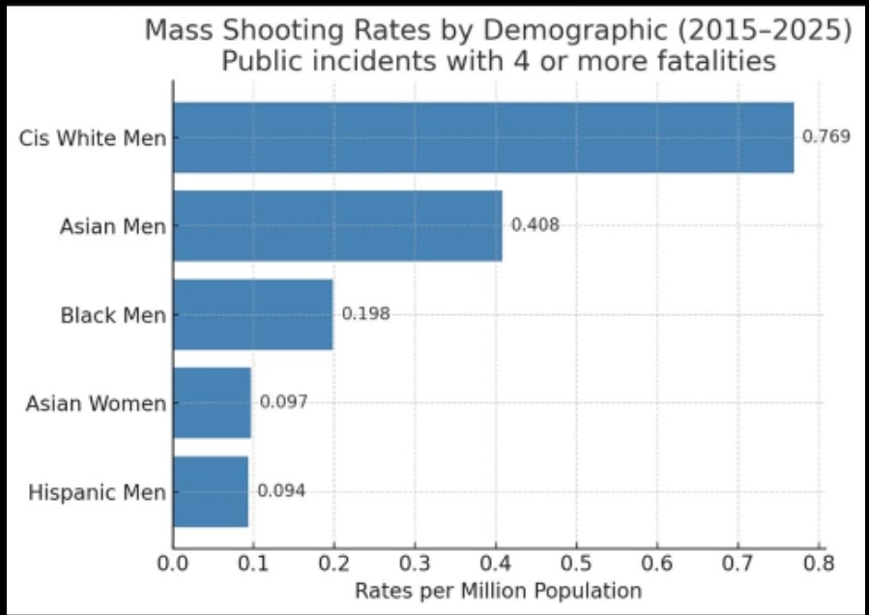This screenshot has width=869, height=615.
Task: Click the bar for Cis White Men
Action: [483, 137]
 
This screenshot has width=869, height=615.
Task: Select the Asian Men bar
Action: [337, 225]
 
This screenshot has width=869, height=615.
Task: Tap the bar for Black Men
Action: [253, 314]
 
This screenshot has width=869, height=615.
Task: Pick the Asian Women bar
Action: [212, 402]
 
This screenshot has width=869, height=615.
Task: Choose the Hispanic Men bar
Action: [211, 491]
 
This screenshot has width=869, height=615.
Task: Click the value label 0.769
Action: [826, 136]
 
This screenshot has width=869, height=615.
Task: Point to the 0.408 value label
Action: [535, 225]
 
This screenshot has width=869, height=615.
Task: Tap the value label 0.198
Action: [365, 314]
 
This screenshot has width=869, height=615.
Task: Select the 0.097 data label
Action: [283, 402]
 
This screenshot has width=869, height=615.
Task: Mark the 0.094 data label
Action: [281, 491]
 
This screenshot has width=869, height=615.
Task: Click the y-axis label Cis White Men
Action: [93, 137]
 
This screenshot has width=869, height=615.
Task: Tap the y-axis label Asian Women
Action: [96, 403]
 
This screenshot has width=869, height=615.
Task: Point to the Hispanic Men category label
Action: [97, 492]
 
